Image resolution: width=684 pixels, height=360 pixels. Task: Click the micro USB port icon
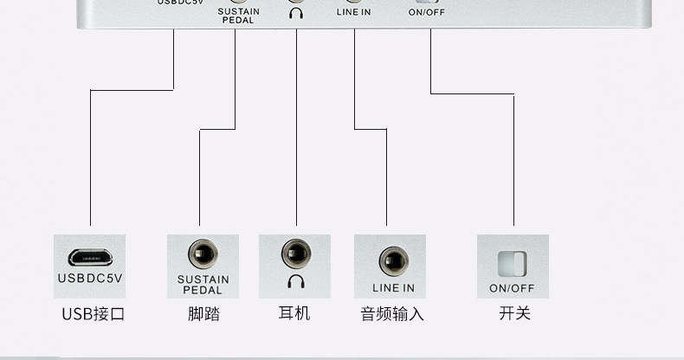tap(91, 257)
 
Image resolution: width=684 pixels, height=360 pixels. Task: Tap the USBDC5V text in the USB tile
tap(91, 279)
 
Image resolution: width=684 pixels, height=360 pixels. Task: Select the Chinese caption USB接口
tap(94, 313)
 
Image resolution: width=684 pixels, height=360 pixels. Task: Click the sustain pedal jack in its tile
tap(203, 255)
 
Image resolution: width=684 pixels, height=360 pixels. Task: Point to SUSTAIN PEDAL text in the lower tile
tap(203, 285)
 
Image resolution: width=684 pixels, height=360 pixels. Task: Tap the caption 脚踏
tap(203, 313)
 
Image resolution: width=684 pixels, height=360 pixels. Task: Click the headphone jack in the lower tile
tap(295, 254)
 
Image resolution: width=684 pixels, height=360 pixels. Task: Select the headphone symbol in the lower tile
tap(295, 281)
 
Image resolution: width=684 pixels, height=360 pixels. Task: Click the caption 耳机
tap(295, 313)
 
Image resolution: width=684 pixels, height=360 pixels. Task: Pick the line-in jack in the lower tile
tap(393, 260)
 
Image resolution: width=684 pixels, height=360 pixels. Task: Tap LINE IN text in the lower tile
tap(393, 287)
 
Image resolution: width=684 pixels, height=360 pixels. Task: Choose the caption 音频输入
tap(392, 313)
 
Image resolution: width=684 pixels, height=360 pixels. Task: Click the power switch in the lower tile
tap(512, 263)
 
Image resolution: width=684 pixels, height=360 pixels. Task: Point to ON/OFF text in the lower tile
tap(512, 288)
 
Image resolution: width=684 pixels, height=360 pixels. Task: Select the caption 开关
tap(514, 313)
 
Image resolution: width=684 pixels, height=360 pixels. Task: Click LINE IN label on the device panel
tap(353, 12)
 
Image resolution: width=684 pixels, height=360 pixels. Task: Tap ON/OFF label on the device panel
tap(427, 12)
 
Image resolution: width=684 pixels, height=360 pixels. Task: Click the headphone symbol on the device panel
tap(297, 13)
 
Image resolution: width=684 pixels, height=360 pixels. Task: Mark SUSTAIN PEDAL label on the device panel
tap(238, 16)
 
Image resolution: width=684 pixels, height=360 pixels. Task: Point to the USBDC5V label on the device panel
tap(180, 3)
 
